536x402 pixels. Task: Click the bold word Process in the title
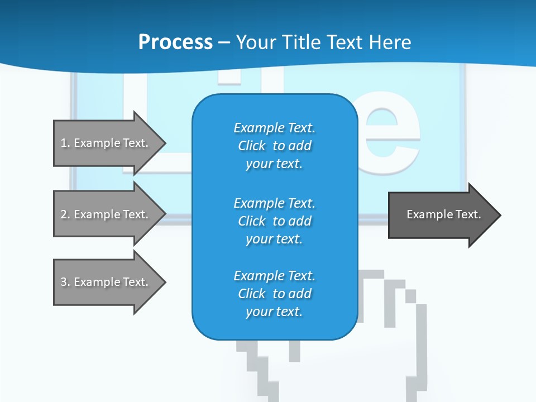[175, 42]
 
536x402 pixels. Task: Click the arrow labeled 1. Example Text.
[106, 143]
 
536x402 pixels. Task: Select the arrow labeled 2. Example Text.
[106, 214]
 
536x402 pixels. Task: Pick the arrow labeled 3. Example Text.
[106, 282]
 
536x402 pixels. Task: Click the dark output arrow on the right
[441, 214]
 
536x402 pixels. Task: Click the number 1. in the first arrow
[65, 143]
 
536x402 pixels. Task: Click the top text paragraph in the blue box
[274, 146]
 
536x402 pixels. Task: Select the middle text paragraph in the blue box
[274, 221]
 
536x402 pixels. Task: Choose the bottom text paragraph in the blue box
[274, 294]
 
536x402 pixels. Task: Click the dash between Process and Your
[224, 42]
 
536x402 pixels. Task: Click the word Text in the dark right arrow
[468, 214]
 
